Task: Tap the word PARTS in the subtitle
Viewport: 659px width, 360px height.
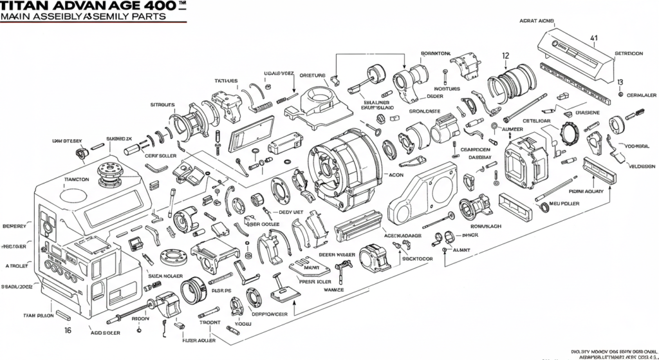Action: coord(164,17)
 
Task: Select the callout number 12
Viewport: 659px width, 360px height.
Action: coord(505,55)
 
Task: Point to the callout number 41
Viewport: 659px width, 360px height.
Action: coord(593,38)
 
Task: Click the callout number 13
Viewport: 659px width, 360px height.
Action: coord(620,82)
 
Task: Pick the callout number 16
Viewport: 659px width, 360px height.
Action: coord(68,329)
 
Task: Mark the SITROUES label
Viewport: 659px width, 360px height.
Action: coord(162,104)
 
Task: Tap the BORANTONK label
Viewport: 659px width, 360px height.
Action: coord(436,53)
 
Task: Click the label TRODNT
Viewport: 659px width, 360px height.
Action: coord(210,322)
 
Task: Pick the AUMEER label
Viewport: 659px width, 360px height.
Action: coord(512,129)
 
